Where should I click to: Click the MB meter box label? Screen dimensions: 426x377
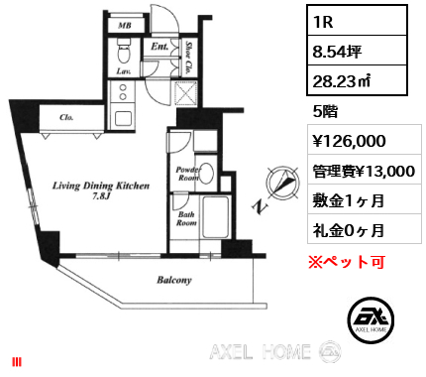125,25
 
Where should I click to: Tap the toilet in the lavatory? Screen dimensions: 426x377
124,51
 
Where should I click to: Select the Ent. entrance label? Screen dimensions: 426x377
160,47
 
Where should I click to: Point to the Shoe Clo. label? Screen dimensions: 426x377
189,58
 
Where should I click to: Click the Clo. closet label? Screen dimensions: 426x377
66,117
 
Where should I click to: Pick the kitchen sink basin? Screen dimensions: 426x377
123,118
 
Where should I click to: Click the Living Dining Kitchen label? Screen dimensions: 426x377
101,186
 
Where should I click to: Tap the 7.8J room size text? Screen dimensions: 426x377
101,196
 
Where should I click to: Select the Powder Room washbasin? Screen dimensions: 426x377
207,173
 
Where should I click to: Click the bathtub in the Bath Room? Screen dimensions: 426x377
216,217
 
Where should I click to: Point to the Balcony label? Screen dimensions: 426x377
174,280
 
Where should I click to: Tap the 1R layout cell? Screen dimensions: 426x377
357,21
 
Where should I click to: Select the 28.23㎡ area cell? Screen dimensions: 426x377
357,80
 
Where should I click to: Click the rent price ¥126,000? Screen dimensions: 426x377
350,141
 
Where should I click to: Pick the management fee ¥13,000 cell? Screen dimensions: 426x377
365,171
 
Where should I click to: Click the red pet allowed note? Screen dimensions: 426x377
347,262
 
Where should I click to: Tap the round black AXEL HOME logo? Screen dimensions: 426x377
371,319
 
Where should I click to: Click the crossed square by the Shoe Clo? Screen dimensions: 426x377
185,93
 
